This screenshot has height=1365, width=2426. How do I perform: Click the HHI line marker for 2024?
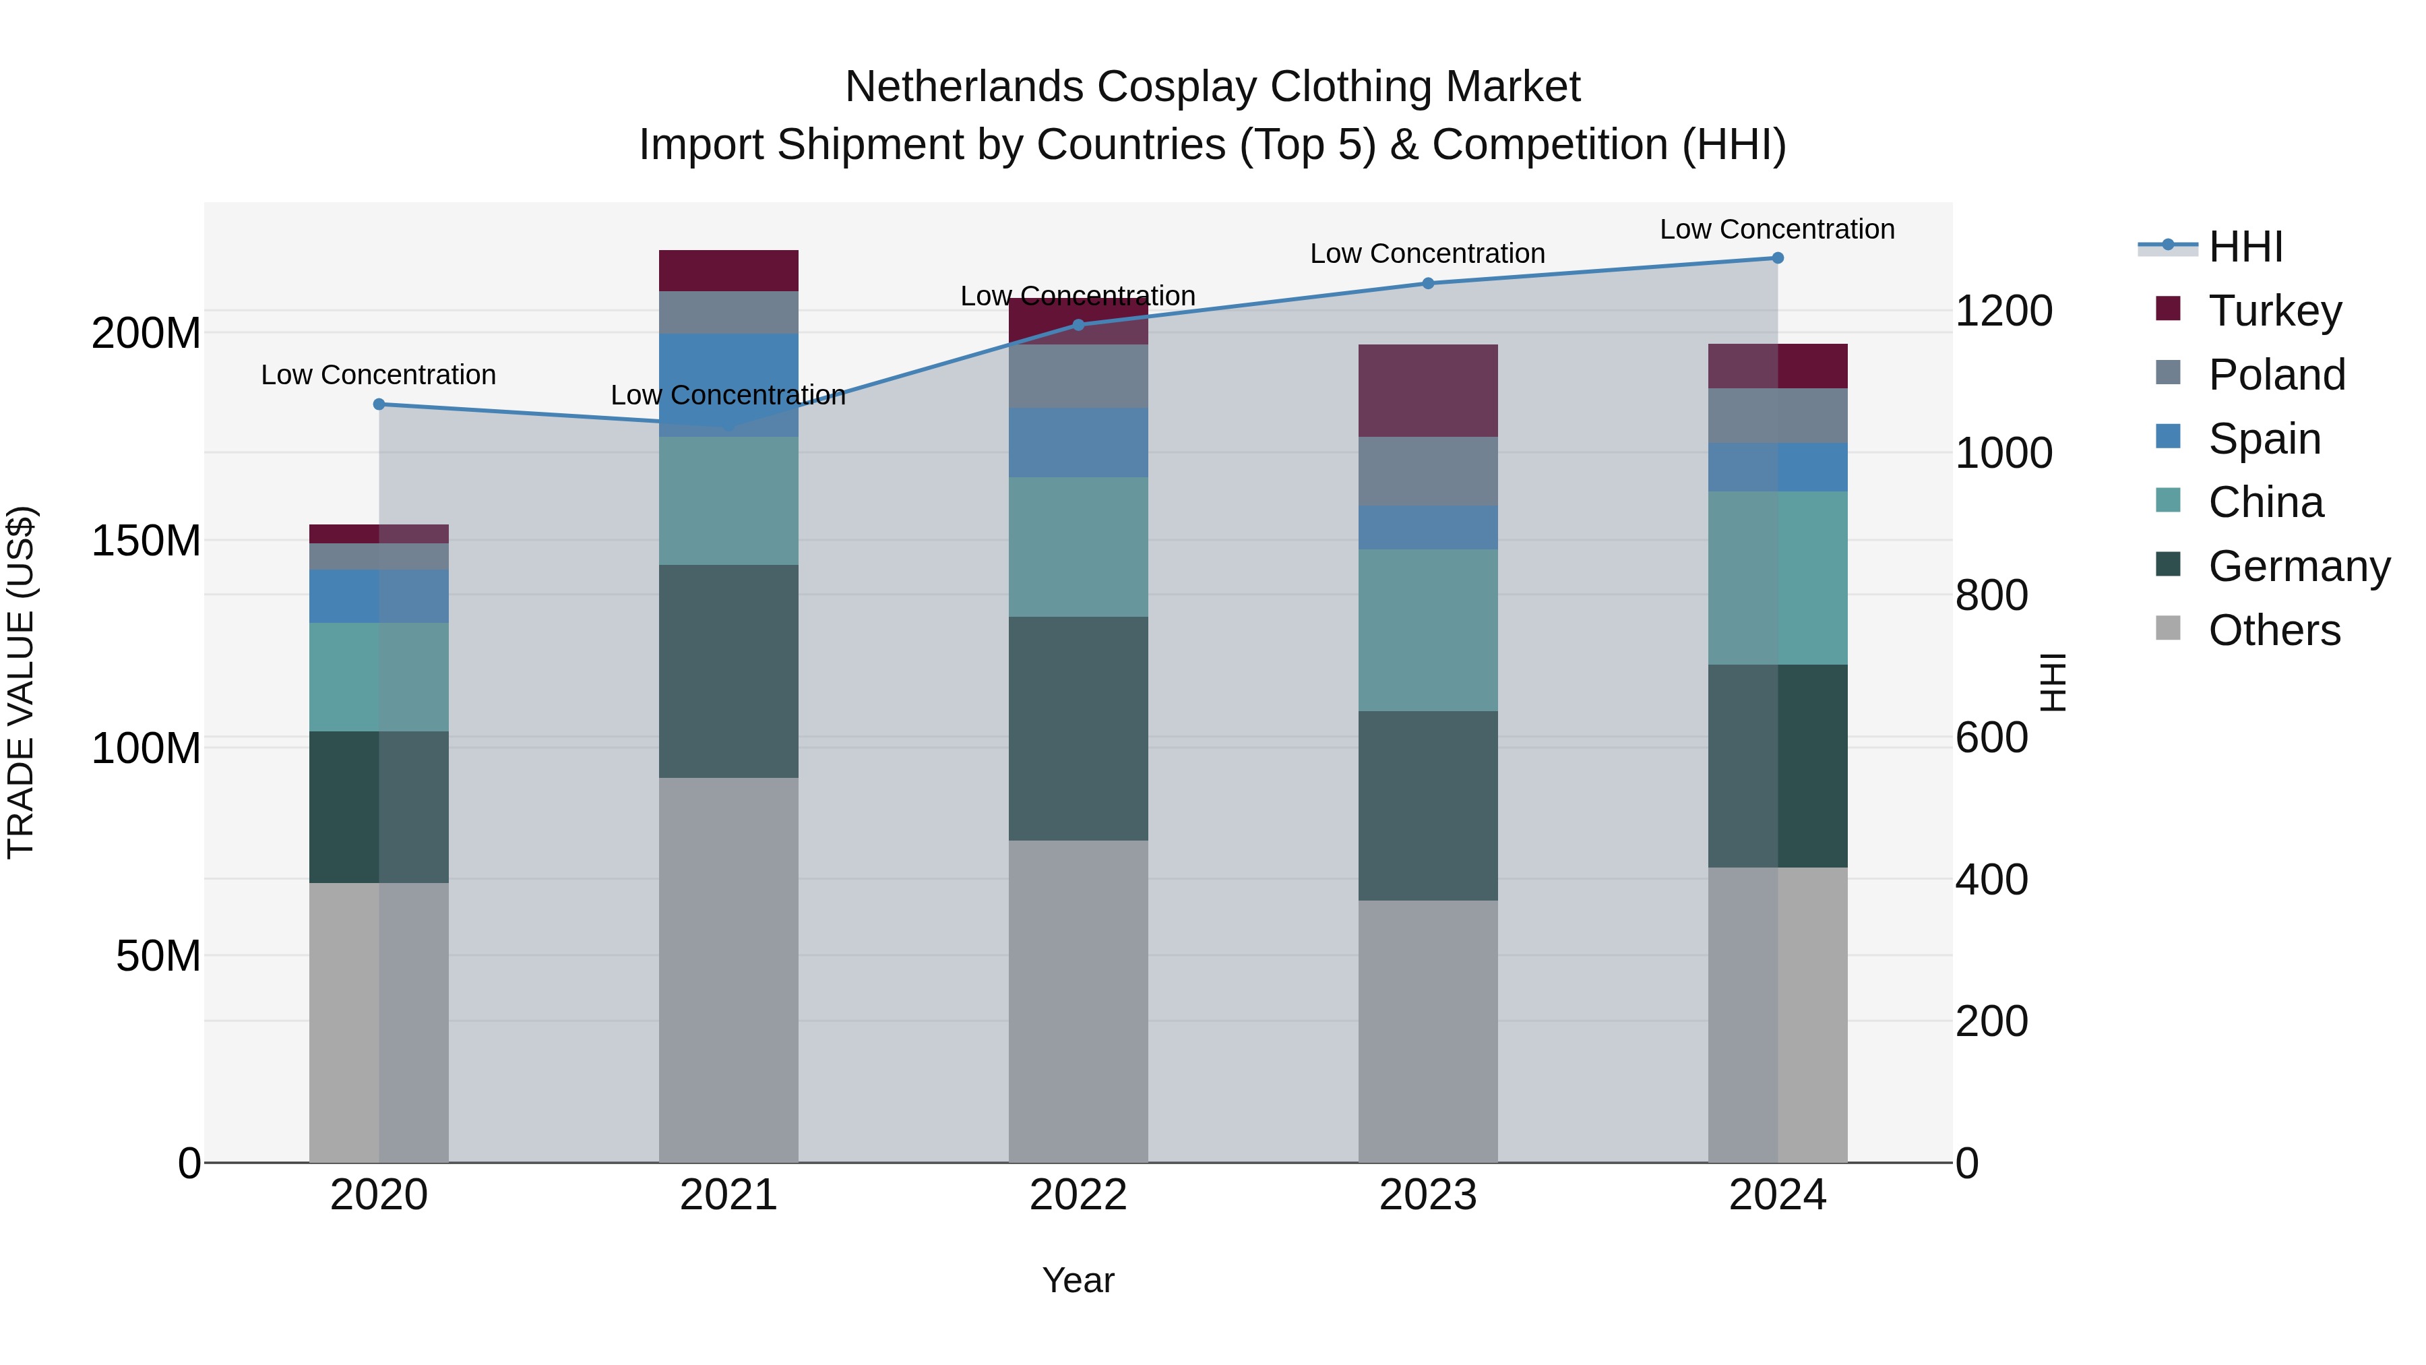coord(1777,258)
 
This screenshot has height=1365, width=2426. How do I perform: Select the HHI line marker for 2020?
coord(379,404)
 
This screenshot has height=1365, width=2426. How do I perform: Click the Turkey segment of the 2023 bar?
coord(1428,390)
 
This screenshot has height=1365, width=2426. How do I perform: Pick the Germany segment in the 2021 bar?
coord(728,671)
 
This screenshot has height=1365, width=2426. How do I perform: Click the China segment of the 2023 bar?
coord(1428,630)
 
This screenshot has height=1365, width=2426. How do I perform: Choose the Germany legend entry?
coord(2298,566)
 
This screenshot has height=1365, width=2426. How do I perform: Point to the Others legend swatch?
coord(2168,628)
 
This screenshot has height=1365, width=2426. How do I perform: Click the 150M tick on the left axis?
coord(146,541)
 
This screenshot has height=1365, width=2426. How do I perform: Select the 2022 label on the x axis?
coord(1078,1195)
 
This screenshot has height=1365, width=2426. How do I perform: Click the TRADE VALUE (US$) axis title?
coord(21,682)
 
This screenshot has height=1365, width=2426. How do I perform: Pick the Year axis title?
coord(1078,1280)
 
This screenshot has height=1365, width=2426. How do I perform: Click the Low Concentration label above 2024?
coord(1777,229)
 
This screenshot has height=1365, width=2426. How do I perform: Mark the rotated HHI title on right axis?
coord(2054,682)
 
